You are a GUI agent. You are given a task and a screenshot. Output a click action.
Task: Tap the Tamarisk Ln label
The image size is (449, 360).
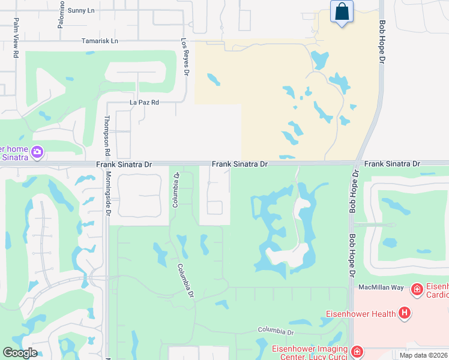pos(100,41)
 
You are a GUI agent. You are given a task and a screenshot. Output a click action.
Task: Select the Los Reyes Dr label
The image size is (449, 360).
pos(185,58)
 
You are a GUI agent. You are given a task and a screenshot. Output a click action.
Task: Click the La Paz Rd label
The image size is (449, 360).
pos(144,103)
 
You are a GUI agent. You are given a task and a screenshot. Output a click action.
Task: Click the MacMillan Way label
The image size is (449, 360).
pos(380,287)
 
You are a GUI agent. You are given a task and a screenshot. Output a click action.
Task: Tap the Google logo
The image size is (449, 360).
pos(20,353)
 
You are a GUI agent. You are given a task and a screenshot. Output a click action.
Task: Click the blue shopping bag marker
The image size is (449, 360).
pos(342,12)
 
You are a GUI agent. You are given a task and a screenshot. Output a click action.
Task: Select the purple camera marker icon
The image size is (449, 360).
pos(38,152)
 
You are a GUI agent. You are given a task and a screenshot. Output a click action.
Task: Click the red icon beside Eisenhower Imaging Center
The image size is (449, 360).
pos(357,351)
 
